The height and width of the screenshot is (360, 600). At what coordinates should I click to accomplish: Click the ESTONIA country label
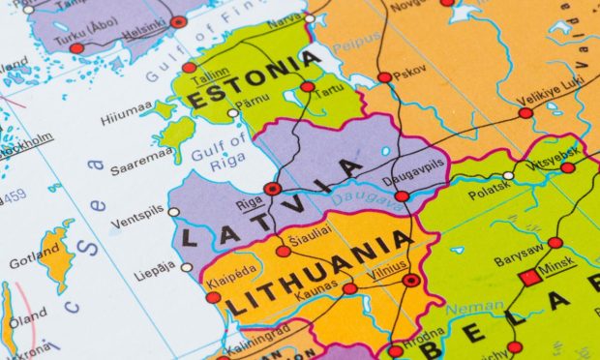point(254,81)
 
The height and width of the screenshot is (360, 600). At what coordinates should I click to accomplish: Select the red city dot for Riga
point(273,189)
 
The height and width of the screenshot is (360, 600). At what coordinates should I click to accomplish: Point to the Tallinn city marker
point(190,68)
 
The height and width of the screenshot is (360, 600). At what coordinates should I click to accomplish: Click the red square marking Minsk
point(529,278)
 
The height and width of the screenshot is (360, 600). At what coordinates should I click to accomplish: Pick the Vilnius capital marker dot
point(411,281)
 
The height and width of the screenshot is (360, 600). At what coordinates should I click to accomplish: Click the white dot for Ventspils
point(173,211)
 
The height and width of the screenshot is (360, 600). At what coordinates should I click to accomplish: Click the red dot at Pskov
point(385,77)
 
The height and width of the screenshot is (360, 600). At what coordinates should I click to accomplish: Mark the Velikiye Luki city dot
point(525,113)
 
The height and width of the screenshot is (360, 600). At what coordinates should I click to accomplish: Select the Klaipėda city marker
point(213,297)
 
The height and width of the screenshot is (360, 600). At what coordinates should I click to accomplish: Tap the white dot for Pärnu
point(233,113)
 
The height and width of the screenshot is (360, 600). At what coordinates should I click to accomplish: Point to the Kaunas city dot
point(349,288)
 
